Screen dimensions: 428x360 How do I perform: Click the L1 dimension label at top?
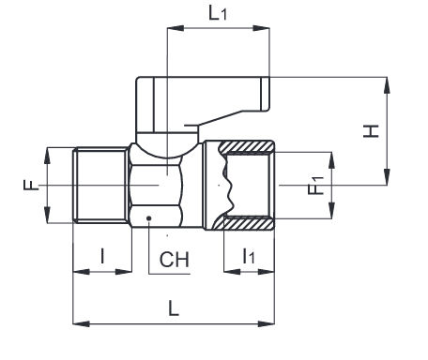pyautogui.click(x=218, y=13)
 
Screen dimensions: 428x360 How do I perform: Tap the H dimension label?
pyautogui.click(x=371, y=131)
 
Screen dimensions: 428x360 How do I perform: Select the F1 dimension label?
pyautogui.click(x=315, y=186)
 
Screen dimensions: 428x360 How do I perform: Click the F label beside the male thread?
pyautogui.click(x=31, y=185)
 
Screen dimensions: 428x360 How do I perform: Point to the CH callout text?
pyautogui.click(x=175, y=260)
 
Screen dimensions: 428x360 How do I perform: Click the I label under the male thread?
pyautogui.click(x=102, y=256)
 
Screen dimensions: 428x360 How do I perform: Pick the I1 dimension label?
pyautogui.click(x=249, y=256)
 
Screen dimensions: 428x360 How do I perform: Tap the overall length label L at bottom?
pyautogui.click(x=174, y=308)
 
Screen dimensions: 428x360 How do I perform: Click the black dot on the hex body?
pyautogui.click(x=149, y=218)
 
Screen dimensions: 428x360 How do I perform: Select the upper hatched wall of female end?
pyautogui.click(x=247, y=146)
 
